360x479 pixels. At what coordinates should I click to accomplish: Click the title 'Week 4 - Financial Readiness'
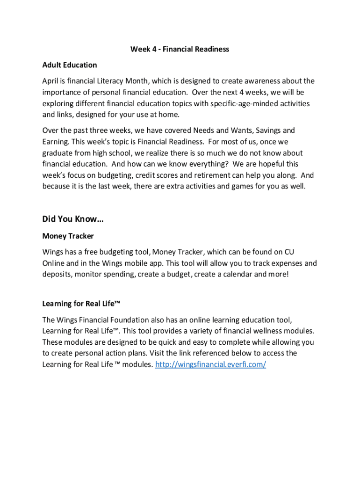[x=180, y=49]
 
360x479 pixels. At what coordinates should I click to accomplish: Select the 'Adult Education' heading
[x=70, y=65]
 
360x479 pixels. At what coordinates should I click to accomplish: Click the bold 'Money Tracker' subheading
[x=68, y=236]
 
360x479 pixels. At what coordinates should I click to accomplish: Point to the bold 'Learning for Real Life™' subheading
[x=81, y=304]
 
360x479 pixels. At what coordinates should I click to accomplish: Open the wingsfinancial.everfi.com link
[x=210, y=364]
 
